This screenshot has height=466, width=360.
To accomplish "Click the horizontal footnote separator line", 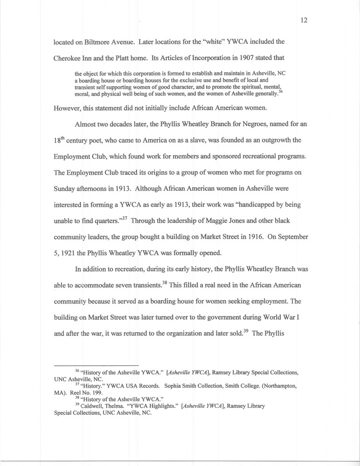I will click(97, 364).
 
